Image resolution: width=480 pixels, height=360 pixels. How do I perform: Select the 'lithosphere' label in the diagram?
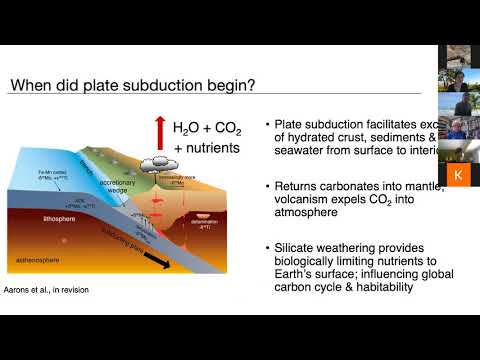coord(50,214)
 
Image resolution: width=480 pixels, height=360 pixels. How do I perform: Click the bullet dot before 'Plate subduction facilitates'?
coord(269,125)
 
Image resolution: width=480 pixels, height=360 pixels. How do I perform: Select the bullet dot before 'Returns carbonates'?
coord(269,184)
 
